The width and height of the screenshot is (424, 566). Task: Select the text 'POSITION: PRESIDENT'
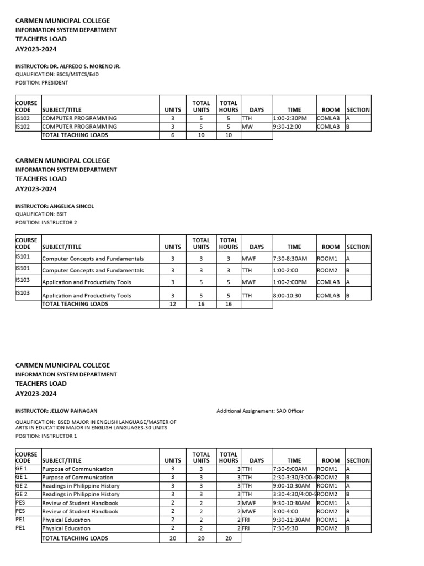click(x=41, y=82)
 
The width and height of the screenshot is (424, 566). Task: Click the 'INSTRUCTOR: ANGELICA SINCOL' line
click(x=54, y=206)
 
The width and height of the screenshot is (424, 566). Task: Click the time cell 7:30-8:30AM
click(x=290, y=258)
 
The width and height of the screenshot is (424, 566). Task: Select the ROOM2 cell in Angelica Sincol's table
click(x=326, y=270)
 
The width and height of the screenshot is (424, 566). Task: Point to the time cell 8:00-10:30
click(x=288, y=295)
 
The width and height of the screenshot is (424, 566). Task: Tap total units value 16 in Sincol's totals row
click(x=201, y=303)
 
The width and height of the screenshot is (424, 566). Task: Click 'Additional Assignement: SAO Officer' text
click(x=259, y=411)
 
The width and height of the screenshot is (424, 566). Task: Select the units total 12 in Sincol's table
click(x=172, y=303)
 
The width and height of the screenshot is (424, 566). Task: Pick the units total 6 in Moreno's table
click(x=172, y=135)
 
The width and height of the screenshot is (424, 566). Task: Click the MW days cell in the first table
click(x=247, y=127)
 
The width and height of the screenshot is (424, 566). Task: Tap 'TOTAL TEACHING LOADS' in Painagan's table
click(x=75, y=538)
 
